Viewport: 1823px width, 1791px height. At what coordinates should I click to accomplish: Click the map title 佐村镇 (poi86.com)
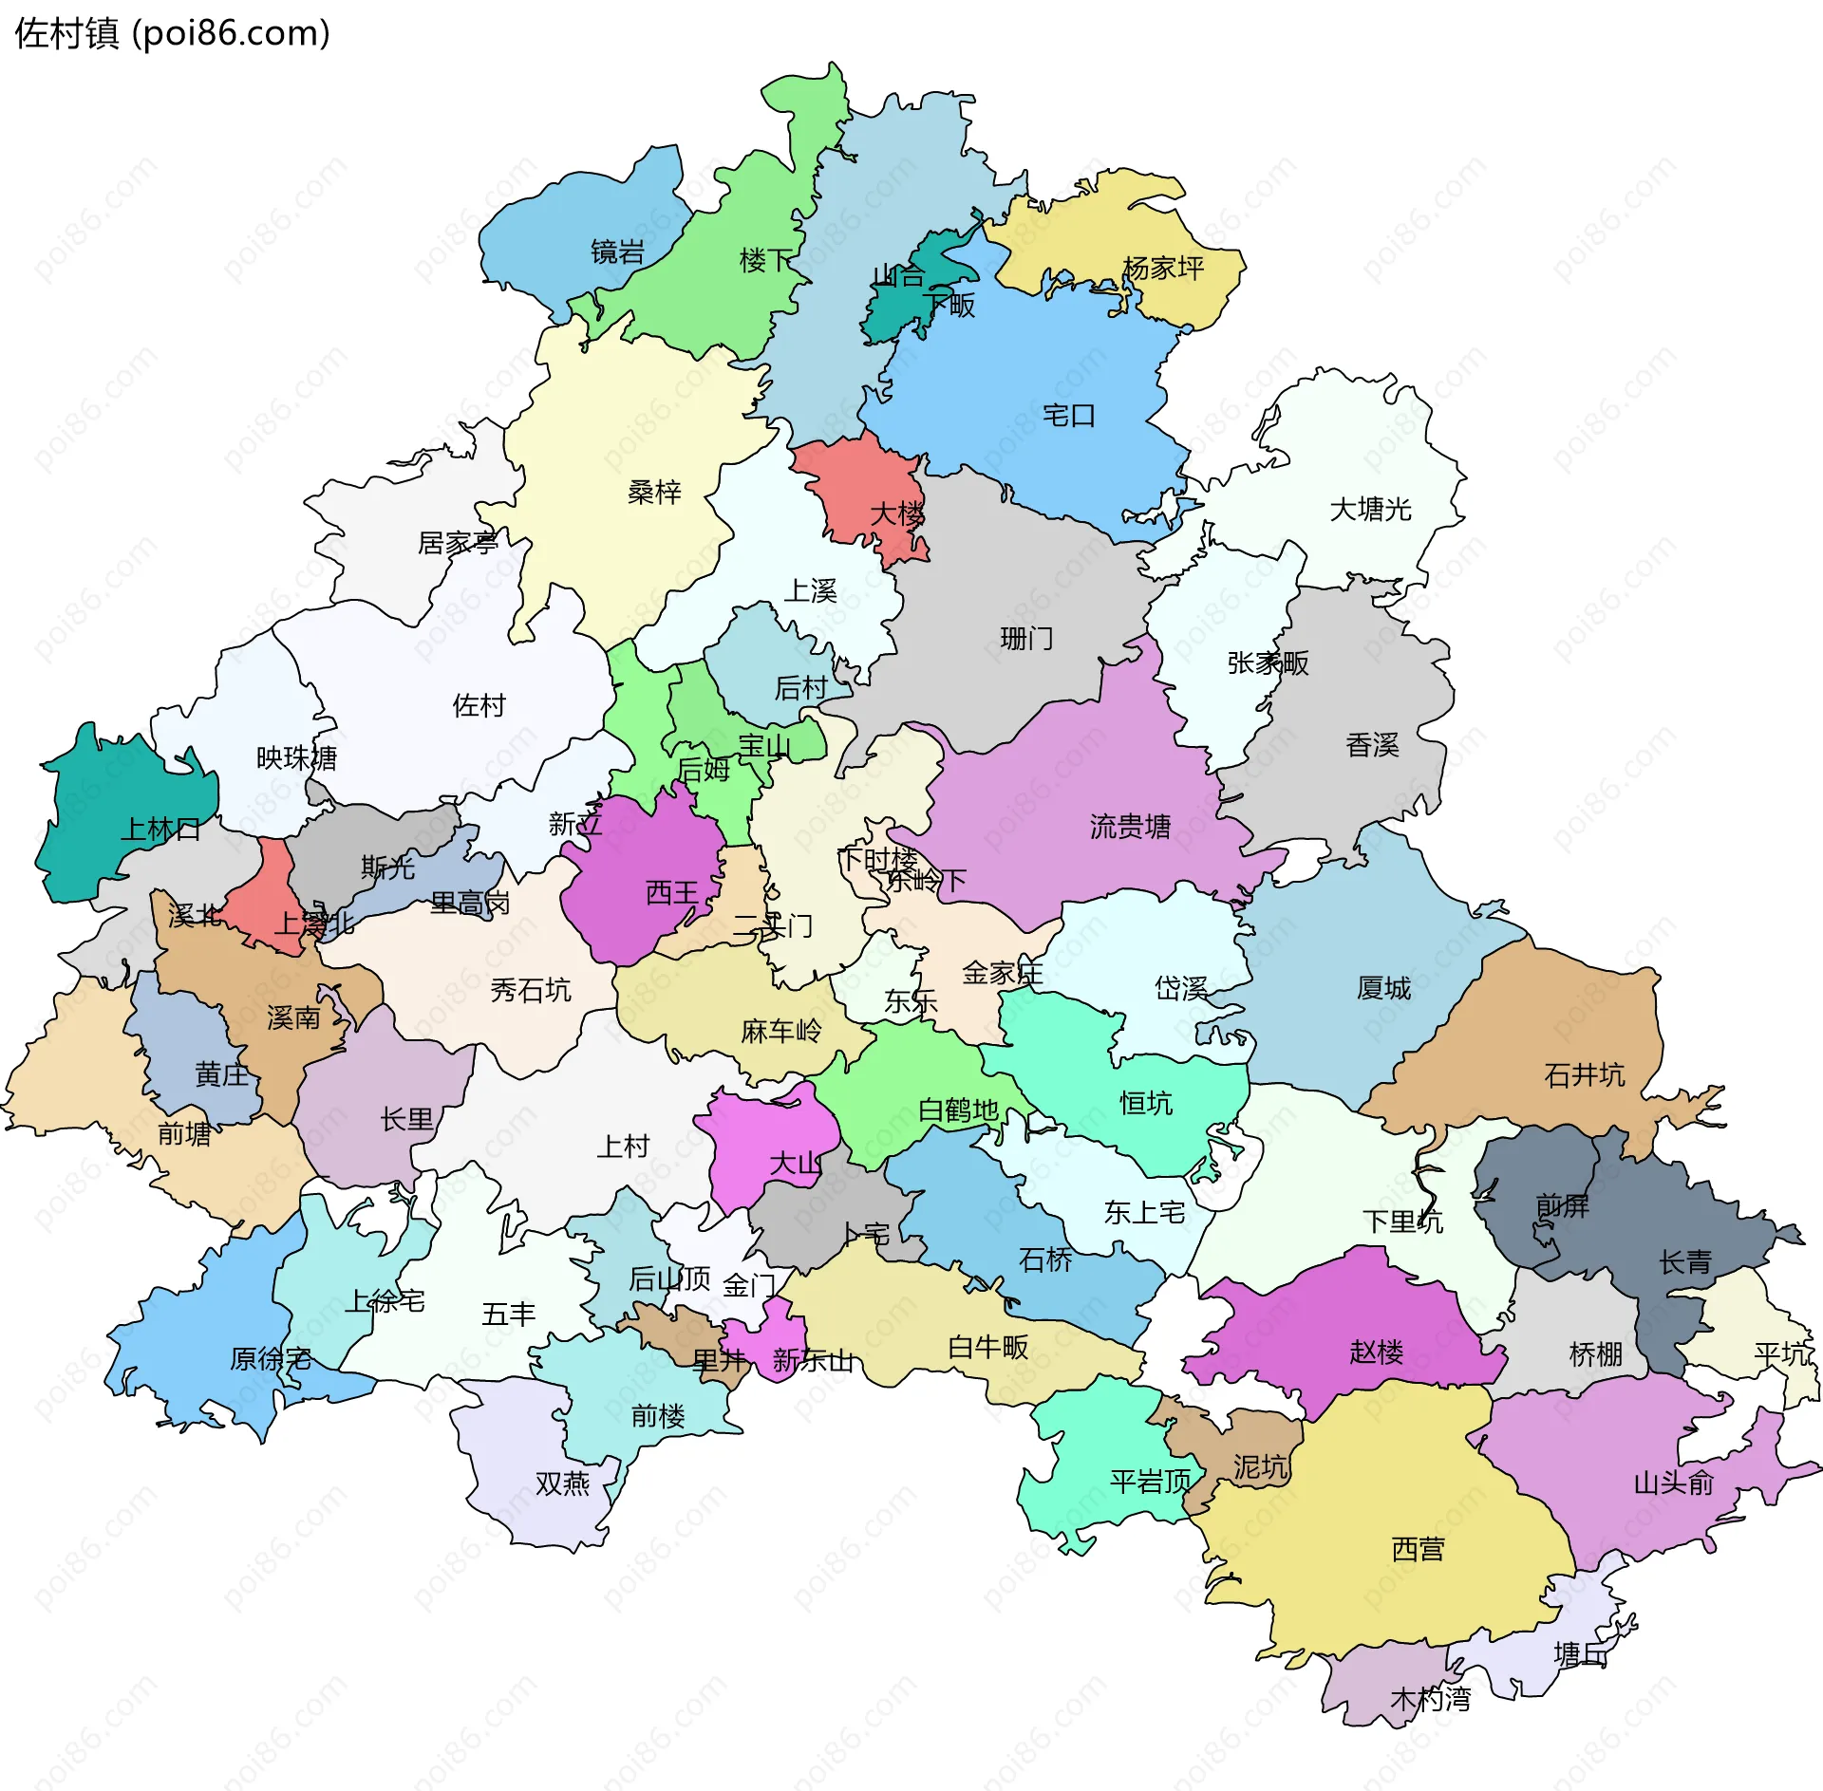point(172,33)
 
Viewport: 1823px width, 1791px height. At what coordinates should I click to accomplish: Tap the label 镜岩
point(617,252)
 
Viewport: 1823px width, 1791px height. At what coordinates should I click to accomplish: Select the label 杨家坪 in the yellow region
point(1163,269)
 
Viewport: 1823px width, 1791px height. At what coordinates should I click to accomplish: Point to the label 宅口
point(1068,416)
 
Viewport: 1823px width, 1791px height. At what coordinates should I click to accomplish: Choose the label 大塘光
point(1370,510)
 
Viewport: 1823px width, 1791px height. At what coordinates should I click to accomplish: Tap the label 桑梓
point(654,492)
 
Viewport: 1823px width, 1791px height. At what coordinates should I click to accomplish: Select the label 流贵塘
point(1130,827)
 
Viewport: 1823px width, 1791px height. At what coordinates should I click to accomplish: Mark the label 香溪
point(1372,745)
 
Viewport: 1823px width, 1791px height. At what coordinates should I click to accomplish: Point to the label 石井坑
point(1584,1075)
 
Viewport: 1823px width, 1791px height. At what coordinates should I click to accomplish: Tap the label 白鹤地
point(958,1110)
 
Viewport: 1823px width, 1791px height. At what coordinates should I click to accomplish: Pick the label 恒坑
point(1146,1103)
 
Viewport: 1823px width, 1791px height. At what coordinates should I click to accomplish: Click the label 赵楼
point(1376,1352)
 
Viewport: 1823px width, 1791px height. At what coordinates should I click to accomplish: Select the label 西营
point(1418,1549)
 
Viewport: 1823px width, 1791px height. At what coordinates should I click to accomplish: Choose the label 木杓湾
point(1430,1699)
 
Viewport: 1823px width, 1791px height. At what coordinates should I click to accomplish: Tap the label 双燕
point(562,1483)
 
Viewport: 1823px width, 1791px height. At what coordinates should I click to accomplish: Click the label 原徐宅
point(270,1358)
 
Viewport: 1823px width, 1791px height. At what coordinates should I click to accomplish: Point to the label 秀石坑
point(530,991)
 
